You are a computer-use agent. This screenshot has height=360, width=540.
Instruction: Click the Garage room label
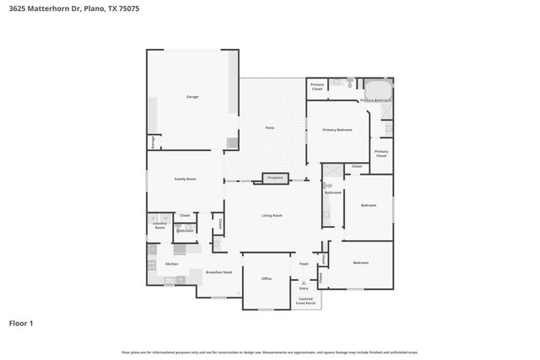point(192,97)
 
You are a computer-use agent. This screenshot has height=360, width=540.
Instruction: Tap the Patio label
point(270,127)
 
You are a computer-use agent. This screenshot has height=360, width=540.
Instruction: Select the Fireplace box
point(275,178)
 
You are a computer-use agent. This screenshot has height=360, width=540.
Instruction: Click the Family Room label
point(186,179)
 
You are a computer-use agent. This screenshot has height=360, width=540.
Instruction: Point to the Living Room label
point(271,216)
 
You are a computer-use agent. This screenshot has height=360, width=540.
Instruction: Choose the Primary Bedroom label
point(337,130)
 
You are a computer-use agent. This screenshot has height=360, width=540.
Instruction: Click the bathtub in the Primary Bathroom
point(376,89)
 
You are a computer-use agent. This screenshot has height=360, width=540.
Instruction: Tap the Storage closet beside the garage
point(153,143)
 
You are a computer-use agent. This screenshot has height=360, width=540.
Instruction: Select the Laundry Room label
point(159,225)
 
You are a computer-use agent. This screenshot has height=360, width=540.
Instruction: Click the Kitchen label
point(172,264)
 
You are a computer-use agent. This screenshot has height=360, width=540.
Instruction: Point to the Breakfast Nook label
point(219,272)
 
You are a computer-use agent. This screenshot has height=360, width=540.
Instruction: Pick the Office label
point(266,278)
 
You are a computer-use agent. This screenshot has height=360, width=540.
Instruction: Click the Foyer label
point(304,264)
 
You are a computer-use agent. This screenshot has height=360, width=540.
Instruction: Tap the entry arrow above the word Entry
point(304,282)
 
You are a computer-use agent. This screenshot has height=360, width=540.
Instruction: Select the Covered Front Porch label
point(305,300)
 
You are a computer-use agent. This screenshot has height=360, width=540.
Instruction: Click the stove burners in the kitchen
point(152,264)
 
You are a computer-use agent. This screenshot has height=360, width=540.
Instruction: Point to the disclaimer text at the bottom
point(270,352)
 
